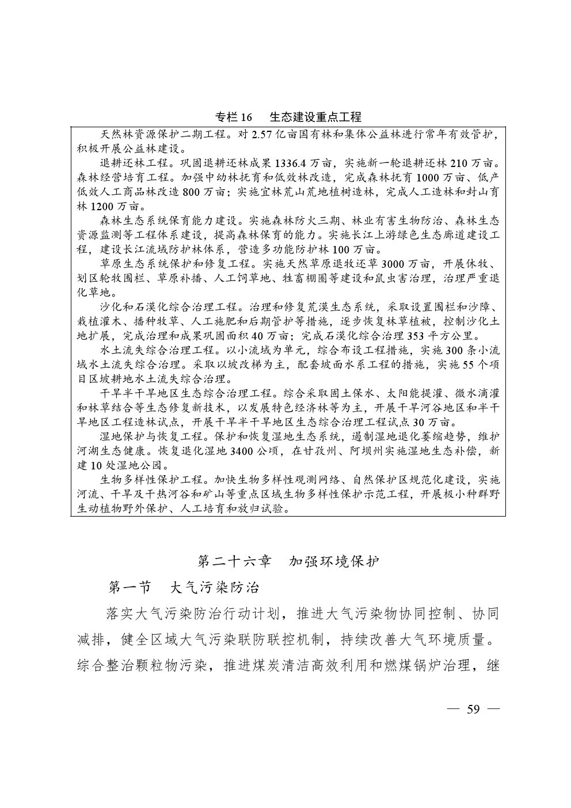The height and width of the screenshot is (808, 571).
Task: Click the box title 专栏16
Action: (234, 117)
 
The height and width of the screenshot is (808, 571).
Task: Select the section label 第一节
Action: (130, 587)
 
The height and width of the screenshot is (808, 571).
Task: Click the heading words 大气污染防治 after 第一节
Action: (214, 587)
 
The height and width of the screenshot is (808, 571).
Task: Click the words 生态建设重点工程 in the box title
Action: (315, 117)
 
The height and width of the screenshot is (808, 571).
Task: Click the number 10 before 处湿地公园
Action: (96, 465)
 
